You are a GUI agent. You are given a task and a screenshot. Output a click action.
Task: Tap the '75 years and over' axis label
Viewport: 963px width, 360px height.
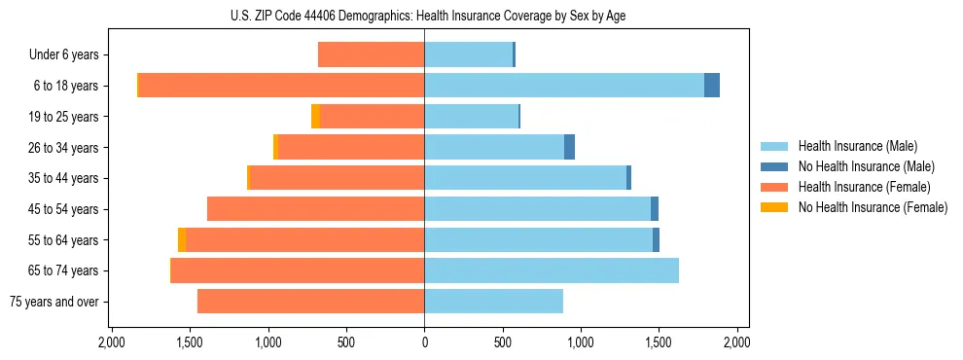click(53, 302)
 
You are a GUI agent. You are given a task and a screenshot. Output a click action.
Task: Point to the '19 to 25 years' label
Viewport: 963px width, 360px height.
click(66, 117)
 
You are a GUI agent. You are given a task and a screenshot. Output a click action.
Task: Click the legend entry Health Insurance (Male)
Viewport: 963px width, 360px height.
click(857, 146)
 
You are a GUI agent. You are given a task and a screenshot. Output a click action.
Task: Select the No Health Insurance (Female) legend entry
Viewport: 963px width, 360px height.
click(873, 207)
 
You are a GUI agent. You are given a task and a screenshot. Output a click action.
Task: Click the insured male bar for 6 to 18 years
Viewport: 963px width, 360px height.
click(564, 86)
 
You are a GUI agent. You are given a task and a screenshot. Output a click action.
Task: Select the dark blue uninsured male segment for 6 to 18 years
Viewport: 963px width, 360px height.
click(712, 86)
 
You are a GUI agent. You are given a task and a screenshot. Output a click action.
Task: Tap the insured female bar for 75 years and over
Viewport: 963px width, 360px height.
click(311, 302)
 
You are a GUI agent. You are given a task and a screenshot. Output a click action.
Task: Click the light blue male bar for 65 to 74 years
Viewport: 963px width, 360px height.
click(552, 270)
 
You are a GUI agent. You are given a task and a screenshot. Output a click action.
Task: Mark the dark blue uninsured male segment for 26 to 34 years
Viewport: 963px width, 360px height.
click(569, 147)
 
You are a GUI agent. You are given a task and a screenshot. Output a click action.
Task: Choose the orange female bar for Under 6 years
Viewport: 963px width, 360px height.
click(372, 54)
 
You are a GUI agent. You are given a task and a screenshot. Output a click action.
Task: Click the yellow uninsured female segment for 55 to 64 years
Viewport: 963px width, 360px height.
click(182, 239)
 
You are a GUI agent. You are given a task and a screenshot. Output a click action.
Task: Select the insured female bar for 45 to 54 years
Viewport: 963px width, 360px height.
click(316, 209)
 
